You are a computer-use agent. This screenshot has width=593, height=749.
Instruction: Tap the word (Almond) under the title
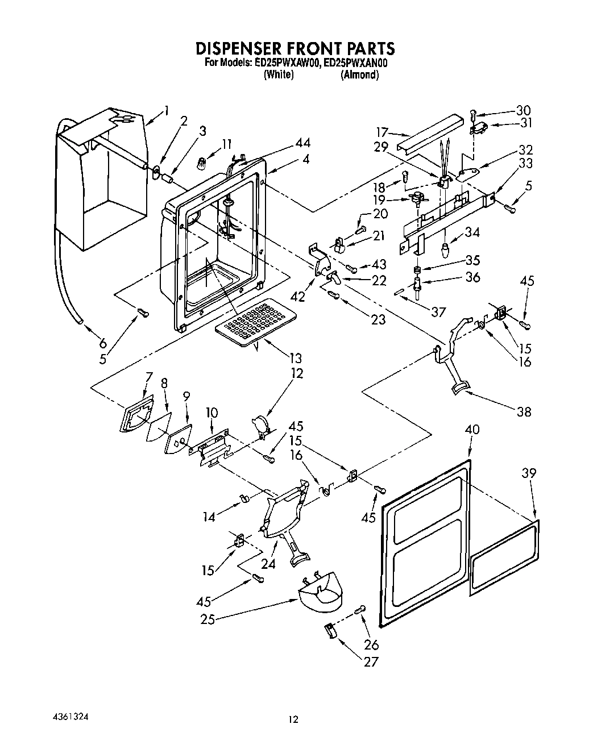(359, 75)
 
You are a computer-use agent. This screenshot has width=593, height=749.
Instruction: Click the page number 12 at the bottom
(292, 719)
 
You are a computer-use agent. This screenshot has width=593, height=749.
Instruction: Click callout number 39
(529, 473)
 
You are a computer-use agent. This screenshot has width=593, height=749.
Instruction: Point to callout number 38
(524, 411)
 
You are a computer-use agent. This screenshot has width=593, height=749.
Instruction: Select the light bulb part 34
(446, 250)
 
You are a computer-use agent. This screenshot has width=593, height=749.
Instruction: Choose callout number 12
(296, 373)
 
